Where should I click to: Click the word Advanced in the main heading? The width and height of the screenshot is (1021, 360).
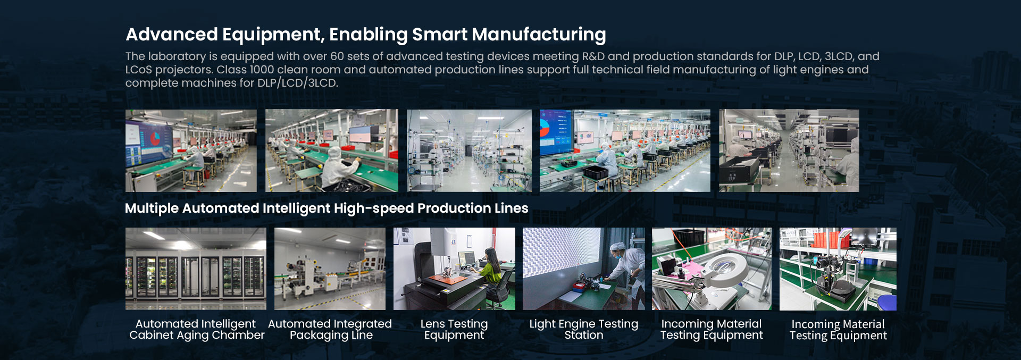172,35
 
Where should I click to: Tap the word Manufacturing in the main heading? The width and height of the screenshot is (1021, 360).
539,35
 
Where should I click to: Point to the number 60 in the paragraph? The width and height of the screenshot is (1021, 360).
337,56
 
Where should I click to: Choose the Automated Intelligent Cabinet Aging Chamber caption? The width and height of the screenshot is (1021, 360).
196,330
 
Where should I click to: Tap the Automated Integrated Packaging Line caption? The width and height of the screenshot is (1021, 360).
330,330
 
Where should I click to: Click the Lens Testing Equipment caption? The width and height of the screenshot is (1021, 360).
454,330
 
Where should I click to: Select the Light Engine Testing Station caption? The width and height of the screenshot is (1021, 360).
584,330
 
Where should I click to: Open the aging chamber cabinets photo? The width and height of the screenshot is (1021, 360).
196,269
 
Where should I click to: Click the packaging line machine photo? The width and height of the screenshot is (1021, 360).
330,269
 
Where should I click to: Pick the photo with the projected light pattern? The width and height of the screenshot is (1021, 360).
584,269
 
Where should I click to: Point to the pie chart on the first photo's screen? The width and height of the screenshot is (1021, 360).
155,139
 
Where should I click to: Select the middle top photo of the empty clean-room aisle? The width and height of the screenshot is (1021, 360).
469,150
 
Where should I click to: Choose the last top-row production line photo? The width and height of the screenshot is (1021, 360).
789,150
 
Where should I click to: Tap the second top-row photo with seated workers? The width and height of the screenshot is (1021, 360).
332,150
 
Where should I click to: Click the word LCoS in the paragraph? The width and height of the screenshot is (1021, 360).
138,70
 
